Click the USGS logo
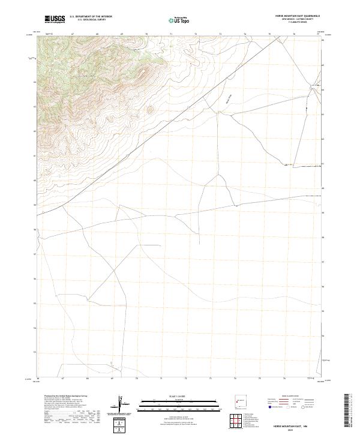tap(55, 19)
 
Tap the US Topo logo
tap(179, 19)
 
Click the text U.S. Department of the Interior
tap(91, 17)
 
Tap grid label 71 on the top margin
tap(171, 34)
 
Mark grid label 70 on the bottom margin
tap(137, 379)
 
